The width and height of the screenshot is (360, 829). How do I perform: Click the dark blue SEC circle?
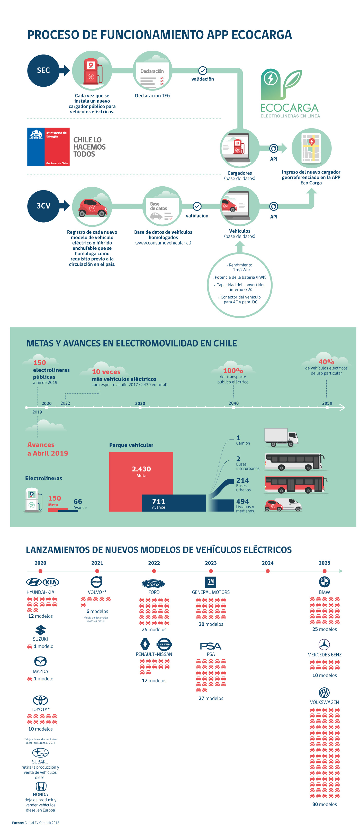coord(43,70)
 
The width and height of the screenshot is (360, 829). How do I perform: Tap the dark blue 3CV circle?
coord(43,206)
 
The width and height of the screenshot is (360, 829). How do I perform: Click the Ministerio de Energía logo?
coord(48,147)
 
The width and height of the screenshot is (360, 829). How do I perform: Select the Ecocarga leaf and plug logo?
coord(281,84)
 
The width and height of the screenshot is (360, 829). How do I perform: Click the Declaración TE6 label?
coord(152,96)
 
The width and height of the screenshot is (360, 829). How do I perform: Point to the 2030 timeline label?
coord(140,403)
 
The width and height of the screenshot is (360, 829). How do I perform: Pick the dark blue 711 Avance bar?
coord(174,503)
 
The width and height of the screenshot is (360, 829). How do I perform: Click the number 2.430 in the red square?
coord(141,469)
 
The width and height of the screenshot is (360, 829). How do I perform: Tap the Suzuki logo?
coord(40,630)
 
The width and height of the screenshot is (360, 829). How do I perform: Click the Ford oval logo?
coord(153,584)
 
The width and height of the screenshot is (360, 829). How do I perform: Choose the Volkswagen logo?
coord(324,692)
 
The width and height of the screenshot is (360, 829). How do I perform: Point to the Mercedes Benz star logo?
coord(324,644)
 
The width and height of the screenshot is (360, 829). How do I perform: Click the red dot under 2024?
coord(268,571)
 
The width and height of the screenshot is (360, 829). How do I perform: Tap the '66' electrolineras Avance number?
coord(78,502)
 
